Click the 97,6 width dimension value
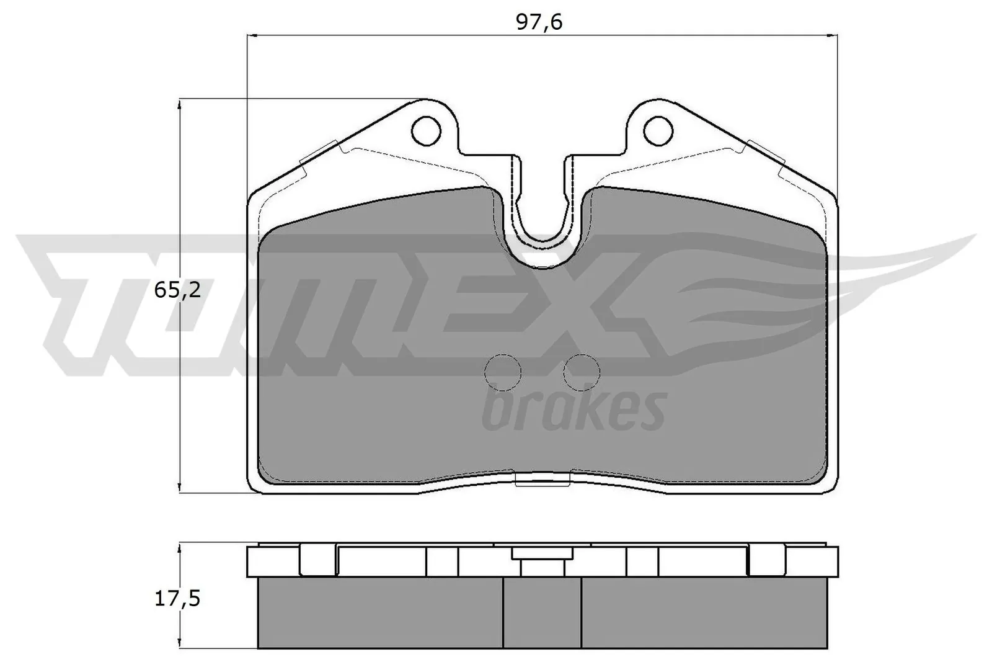(x=539, y=22)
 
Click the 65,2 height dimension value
(x=177, y=289)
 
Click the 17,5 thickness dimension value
(x=177, y=600)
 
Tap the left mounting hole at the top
(x=427, y=130)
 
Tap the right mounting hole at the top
(x=658, y=130)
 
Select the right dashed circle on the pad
(x=582, y=372)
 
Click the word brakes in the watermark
(x=573, y=411)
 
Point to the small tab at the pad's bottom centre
(x=542, y=479)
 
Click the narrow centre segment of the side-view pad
(x=542, y=613)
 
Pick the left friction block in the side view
(x=379, y=613)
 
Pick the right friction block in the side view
(x=704, y=613)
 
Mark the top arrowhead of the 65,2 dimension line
(x=180, y=103)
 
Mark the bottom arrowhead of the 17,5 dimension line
(x=180, y=645)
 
